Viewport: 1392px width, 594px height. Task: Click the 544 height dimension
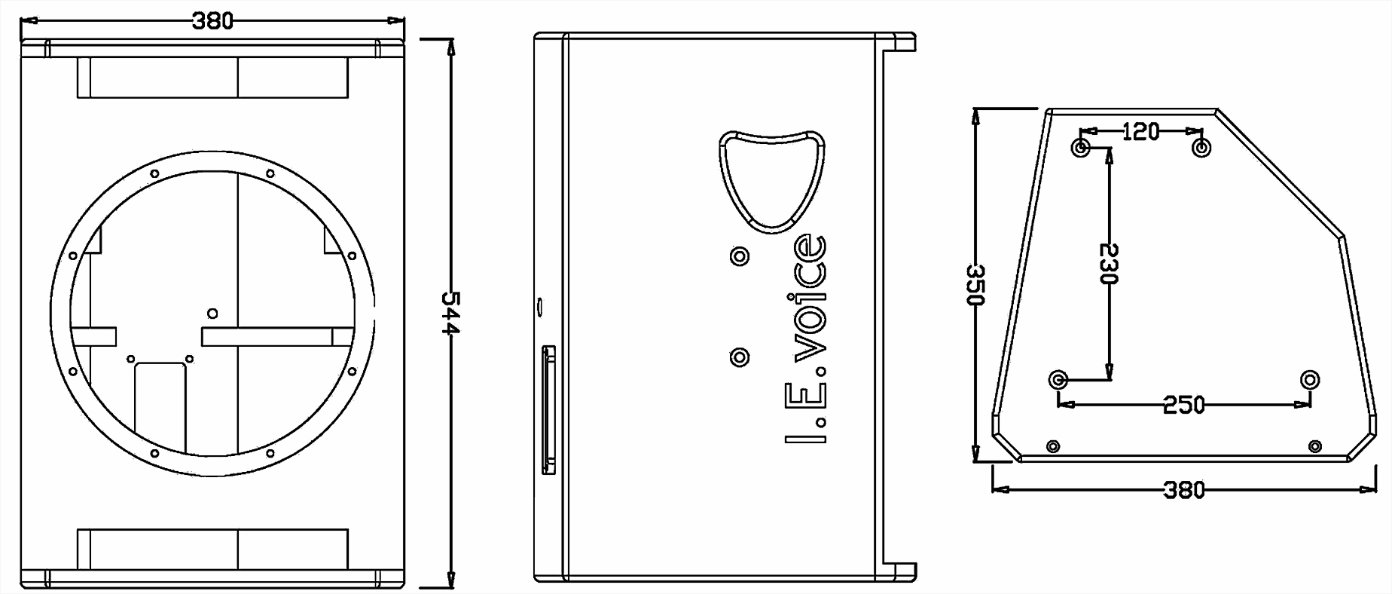pyautogui.click(x=450, y=312)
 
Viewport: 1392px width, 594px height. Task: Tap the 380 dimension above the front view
pyautogui.click(x=212, y=20)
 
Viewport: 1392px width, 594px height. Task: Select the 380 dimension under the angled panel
pyautogui.click(x=1184, y=490)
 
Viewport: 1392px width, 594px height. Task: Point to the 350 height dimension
pyautogui.click(x=975, y=284)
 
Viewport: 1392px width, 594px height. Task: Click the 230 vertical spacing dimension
pyautogui.click(x=1108, y=263)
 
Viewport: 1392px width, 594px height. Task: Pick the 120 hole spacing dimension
pyautogui.click(x=1140, y=132)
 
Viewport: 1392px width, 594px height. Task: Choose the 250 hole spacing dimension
pyautogui.click(x=1183, y=404)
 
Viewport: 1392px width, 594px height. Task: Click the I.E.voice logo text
pyautogui.click(x=806, y=339)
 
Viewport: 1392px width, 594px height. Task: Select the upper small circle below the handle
pyautogui.click(x=740, y=256)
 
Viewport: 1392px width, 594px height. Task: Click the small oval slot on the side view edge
pyautogui.click(x=540, y=306)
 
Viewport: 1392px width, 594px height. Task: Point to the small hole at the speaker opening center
pyautogui.click(x=212, y=313)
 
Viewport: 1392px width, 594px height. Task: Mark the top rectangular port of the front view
pyautogui.click(x=212, y=78)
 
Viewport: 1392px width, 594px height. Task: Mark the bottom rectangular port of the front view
pyautogui.click(x=212, y=549)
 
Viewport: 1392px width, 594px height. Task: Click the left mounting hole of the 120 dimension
pyautogui.click(x=1081, y=146)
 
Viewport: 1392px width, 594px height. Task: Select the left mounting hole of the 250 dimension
pyautogui.click(x=1058, y=379)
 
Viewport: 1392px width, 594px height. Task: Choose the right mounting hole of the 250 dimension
pyautogui.click(x=1310, y=379)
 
